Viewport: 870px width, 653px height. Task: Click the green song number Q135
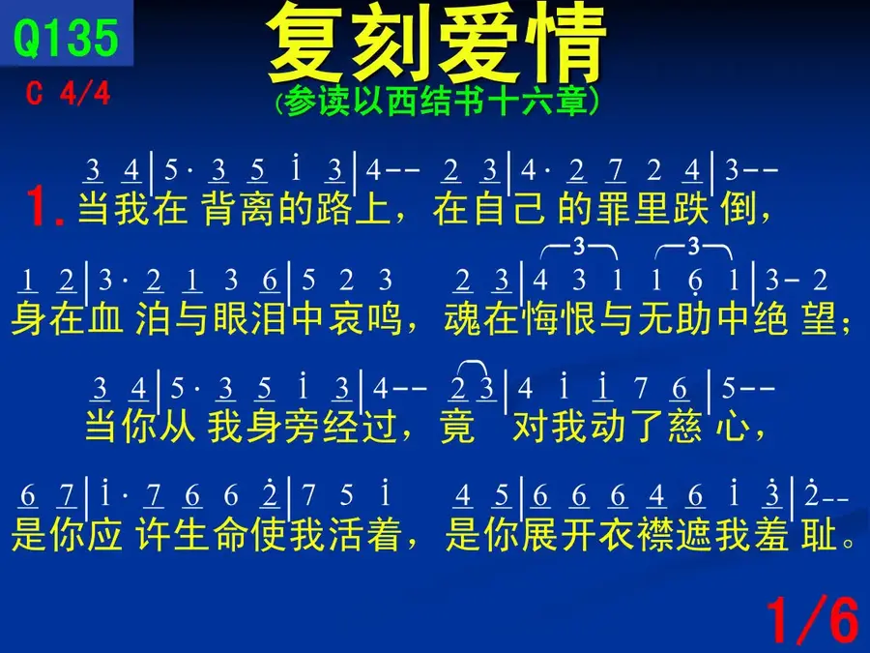pos(66,37)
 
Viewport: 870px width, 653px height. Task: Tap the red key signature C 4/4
pos(69,93)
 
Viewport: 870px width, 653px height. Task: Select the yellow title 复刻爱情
pos(436,44)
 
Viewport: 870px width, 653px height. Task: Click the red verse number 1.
pos(44,207)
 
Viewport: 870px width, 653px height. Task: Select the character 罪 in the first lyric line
pos(614,209)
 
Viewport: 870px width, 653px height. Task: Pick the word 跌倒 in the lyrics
pos(713,209)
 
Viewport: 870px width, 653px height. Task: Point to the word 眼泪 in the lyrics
pos(249,318)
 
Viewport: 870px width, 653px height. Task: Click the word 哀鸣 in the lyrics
pos(365,318)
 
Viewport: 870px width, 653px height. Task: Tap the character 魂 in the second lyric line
pos(462,318)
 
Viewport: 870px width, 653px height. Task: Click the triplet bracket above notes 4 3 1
pos(579,247)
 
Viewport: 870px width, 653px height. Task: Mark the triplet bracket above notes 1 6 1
pos(693,247)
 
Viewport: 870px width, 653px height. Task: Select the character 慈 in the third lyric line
pos(685,427)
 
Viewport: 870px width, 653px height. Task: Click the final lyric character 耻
pos(820,534)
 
